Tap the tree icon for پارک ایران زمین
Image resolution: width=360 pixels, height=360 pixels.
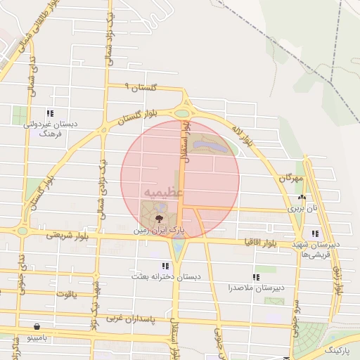coord(157,219)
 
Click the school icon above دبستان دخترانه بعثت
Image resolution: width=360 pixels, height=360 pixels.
coord(165,266)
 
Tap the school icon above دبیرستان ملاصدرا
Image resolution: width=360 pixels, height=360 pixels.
coord(255,278)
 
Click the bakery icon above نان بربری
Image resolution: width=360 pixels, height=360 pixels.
coord(302,198)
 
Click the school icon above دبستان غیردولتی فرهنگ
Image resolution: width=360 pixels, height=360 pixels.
coord(49,112)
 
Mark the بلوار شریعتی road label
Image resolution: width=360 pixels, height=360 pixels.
coord(65,234)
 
